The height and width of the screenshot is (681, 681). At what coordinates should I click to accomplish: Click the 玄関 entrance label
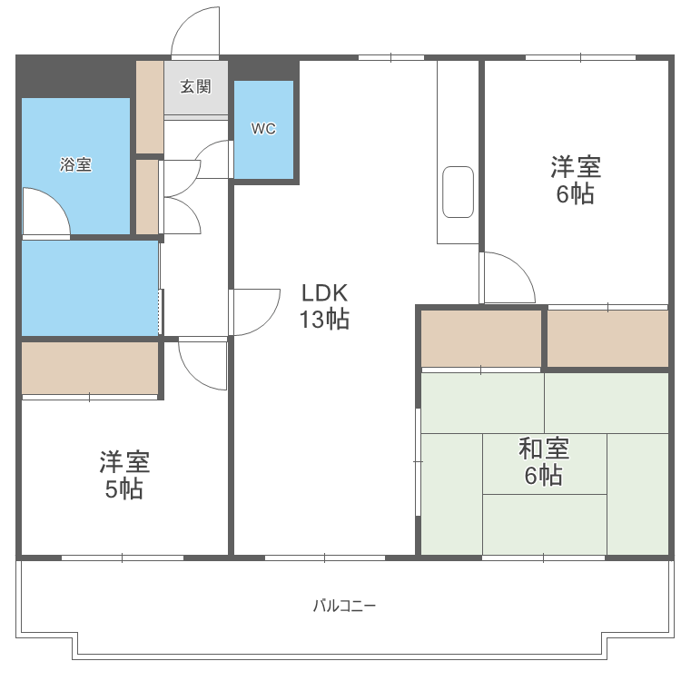tap(195, 87)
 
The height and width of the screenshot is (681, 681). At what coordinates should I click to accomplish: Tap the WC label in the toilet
tap(263, 129)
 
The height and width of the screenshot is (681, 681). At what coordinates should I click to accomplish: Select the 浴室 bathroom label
tap(75, 164)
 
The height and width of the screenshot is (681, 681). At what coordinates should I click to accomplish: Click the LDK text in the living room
tap(325, 292)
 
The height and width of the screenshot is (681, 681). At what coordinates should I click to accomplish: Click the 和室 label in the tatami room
tap(544, 449)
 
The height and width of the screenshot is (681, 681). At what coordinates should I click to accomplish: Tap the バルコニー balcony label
tap(344, 606)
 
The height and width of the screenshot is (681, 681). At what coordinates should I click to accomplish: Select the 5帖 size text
tap(124, 489)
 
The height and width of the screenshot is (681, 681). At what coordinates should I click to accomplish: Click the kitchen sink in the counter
tap(458, 192)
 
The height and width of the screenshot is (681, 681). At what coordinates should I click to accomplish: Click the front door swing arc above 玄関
tap(197, 30)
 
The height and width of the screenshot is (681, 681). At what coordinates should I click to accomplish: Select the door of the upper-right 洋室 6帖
tap(507, 278)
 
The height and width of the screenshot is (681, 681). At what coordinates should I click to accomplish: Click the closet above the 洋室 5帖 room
tap(90, 368)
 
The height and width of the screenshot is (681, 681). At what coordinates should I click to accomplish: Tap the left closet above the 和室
tap(480, 338)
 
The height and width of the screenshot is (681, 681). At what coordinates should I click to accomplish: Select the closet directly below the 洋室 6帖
tap(607, 338)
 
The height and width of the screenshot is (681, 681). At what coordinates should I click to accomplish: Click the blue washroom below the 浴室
tap(89, 288)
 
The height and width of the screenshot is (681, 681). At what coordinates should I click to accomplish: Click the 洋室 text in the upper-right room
tap(575, 168)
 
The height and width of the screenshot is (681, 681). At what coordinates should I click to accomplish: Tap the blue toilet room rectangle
tap(263, 129)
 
